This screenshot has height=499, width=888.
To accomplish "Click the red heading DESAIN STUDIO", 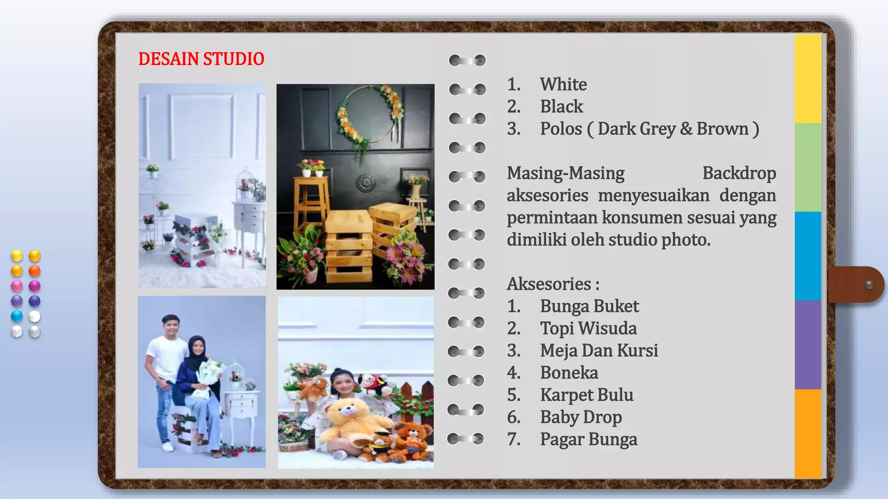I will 201,59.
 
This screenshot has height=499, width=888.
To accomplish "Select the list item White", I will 563,84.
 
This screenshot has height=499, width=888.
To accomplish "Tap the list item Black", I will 561,107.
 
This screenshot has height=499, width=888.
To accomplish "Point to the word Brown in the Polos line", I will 722,129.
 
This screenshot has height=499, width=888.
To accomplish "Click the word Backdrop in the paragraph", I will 739,173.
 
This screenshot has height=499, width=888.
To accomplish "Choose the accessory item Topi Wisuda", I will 588,328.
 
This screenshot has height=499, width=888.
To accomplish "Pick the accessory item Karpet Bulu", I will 586,395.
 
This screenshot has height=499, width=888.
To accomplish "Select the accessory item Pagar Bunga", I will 588,439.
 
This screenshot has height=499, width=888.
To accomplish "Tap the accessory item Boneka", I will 569,373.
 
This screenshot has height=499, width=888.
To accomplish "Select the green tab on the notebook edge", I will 808,168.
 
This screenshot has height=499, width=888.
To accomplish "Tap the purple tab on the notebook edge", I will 808,345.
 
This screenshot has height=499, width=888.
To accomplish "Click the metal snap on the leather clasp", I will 868,285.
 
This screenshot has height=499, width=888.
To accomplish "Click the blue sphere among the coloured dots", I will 16,316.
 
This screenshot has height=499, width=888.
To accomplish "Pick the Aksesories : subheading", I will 553,284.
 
